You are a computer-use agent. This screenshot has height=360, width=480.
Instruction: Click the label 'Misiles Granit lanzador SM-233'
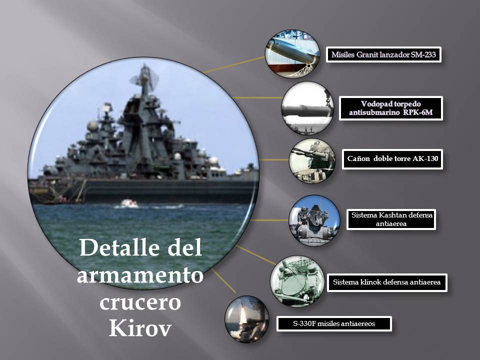point(383,55)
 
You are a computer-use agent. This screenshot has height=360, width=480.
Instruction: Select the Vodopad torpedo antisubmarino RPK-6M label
point(391,108)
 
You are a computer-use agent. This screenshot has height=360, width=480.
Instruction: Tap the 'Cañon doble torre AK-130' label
point(392,159)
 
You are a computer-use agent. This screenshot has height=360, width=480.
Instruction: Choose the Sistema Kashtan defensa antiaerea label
point(391,219)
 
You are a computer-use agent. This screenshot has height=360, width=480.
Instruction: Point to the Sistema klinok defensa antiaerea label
point(387,282)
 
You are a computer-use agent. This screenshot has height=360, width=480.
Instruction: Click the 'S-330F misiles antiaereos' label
point(334,324)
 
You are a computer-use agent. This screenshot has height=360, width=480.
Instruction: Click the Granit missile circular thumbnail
point(292,53)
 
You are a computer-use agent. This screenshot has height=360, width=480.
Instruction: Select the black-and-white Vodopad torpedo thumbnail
point(307,108)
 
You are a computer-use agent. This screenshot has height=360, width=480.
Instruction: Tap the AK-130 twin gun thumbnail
point(312,160)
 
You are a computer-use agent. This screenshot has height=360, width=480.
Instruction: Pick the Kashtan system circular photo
point(314,220)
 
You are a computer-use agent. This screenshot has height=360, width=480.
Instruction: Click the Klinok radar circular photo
point(297,281)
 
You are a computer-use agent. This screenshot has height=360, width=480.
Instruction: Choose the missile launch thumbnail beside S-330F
point(247,319)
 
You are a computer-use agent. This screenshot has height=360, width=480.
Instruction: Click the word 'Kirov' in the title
point(140,328)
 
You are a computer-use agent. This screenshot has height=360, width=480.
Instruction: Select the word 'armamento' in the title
point(140,274)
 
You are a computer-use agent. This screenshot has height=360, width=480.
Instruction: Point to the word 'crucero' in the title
point(140,302)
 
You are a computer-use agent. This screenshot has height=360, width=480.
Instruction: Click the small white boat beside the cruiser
point(129,203)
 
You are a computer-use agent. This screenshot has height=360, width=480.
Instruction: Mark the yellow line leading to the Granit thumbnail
point(234,64)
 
